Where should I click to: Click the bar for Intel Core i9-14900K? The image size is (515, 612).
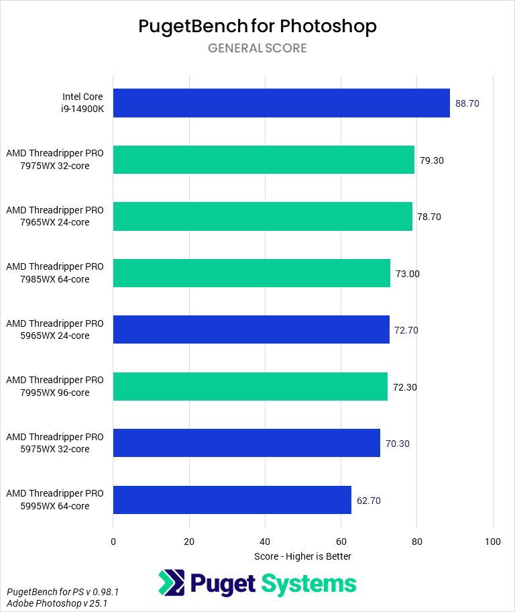[282, 103]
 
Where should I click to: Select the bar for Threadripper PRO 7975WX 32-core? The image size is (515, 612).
[264, 160]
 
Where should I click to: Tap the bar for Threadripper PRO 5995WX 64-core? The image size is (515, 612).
[232, 500]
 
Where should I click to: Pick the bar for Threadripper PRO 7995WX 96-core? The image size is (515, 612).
[250, 387]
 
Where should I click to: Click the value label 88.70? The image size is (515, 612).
[467, 103]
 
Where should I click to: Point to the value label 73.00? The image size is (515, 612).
[407, 274]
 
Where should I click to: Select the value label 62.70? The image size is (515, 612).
[369, 500]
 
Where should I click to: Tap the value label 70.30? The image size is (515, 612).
[398, 444]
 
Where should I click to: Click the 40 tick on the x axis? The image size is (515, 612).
[265, 542]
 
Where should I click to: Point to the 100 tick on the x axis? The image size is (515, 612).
[493, 542]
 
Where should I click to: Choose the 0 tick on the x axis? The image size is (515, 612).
[113, 542]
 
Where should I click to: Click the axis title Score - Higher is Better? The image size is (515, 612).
[302, 556]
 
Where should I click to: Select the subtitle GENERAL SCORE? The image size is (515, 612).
[257, 48]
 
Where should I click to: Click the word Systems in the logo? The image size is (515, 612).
[308, 583]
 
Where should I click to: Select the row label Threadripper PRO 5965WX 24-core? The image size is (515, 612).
[55, 329]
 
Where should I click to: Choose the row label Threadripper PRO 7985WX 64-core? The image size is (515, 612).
[55, 273]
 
